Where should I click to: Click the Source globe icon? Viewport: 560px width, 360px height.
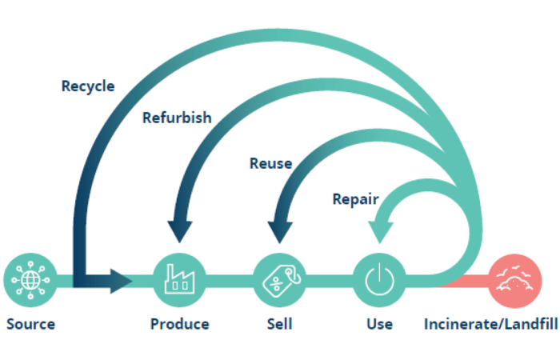point(30,280)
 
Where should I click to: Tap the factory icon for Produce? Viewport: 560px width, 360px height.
point(179,280)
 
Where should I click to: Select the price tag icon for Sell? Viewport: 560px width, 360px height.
point(279,280)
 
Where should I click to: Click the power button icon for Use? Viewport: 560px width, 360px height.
point(379,280)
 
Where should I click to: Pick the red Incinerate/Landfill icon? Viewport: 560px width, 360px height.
point(514,280)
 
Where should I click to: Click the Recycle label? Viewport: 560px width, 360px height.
point(88,86)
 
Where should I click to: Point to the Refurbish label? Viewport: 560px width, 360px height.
point(177,118)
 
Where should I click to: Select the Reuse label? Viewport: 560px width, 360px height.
point(270,164)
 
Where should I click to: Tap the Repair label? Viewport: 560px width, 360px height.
point(355,198)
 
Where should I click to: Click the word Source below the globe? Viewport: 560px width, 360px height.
point(30,324)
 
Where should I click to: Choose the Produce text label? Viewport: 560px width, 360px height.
point(179,324)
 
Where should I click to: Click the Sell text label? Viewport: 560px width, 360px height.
point(279,324)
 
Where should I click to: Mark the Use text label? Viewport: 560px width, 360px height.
point(379,324)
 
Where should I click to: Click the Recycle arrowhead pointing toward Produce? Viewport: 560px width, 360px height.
point(121,280)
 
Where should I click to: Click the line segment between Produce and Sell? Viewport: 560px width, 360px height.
point(230,280)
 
